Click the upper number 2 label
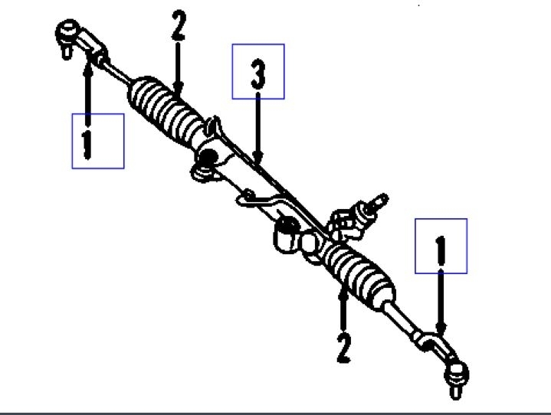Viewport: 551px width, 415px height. (x=178, y=25)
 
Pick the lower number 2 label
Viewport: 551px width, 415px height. (x=343, y=346)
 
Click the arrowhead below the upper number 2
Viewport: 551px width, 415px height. (x=178, y=90)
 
